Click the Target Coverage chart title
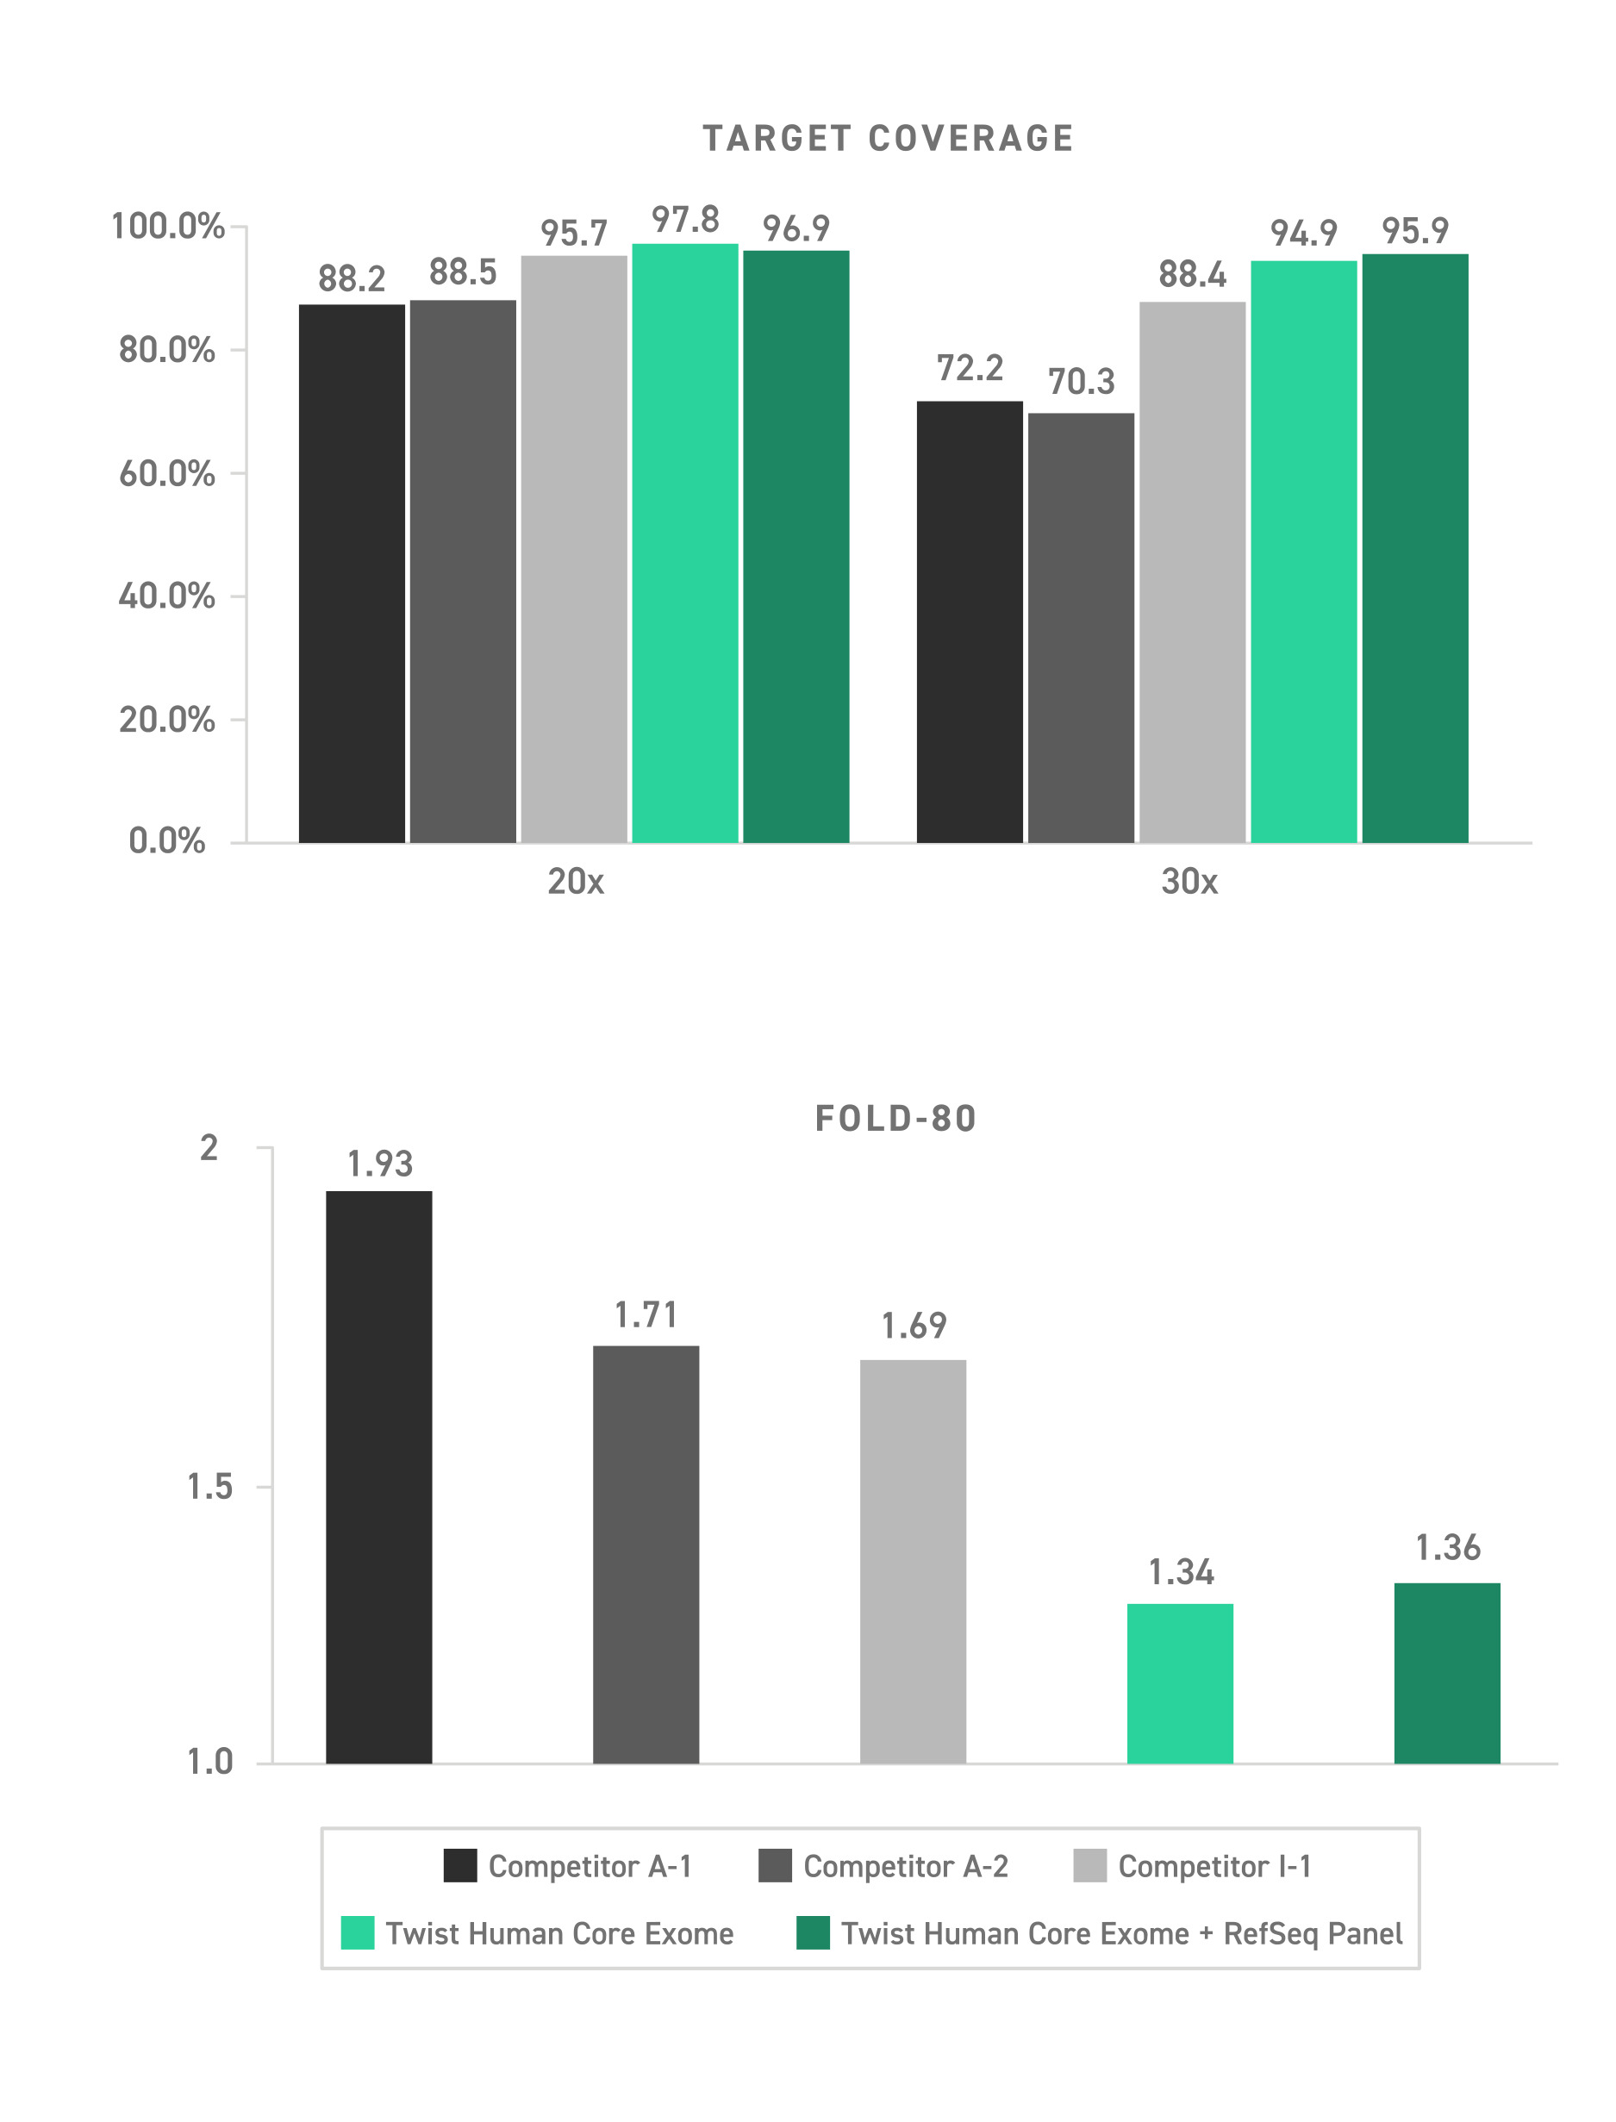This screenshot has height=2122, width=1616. click(x=888, y=139)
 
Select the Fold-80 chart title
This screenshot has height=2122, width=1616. click(x=895, y=1118)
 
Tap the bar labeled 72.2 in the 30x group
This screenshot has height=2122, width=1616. click(x=970, y=621)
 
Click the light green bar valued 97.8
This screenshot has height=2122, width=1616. click(x=685, y=544)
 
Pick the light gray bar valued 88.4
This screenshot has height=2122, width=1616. click(x=1192, y=572)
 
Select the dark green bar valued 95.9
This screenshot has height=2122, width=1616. click(x=1415, y=548)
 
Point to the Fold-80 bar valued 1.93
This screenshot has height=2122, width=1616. click(x=379, y=1476)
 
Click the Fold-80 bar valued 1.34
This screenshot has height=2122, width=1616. click(x=1180, y=1683)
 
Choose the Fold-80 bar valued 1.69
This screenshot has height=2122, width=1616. click(x=913, y=1561)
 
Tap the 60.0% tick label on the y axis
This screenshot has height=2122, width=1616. click(x=166, y=473)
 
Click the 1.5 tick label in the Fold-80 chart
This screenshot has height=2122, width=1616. click(x=209, y=1487)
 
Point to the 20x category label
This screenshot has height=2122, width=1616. click(x=575, y=881)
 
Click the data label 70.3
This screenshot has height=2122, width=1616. click(x=1081, y=382)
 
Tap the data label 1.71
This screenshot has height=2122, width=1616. click(x=646, y=1315)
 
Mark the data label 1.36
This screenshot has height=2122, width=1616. click(x=1447, y=1548)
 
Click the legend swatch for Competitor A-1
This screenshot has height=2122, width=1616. click(x=459, y=1866)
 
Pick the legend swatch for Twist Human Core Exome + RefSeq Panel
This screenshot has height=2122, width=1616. click(x=813, y=1933)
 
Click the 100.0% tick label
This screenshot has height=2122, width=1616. click(x=167, y=226)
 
